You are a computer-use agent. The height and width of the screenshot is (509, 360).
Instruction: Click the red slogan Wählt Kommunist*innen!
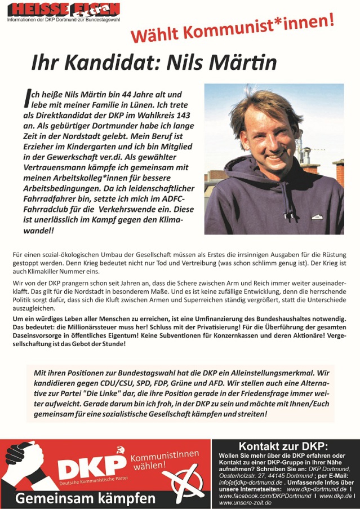(x=233, y=29)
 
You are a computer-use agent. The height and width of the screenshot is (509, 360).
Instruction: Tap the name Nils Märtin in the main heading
(x=221, y=62)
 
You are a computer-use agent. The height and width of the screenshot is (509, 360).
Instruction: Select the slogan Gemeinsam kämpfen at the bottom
(x=85, y=499)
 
